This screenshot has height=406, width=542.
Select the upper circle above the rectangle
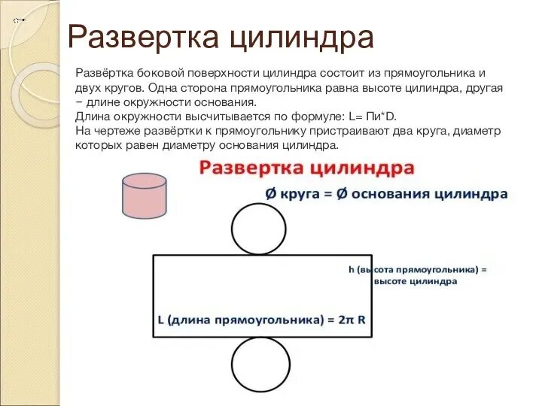click(x=258, y=230)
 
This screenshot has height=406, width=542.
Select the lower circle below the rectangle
click(x=258, y=364)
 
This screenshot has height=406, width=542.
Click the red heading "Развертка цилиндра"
click(x=306, y=167)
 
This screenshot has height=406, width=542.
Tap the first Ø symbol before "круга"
click(x=271, y=193)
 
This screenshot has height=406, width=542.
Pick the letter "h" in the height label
click(x=352, y=268)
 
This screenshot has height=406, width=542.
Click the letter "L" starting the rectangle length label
click(x=161, y=319)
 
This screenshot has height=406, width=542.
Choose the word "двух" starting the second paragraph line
click(x=89, y=88)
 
